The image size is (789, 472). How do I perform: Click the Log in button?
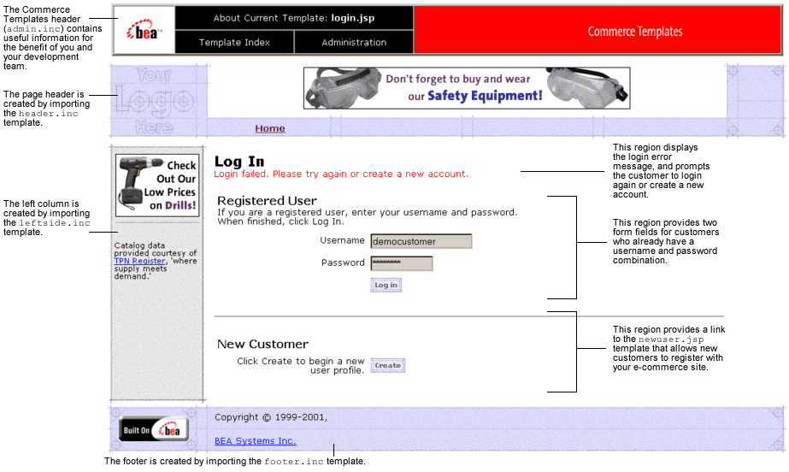386,285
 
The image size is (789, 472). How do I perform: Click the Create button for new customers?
387,365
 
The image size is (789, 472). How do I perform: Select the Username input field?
421,242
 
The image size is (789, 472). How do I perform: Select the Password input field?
402,263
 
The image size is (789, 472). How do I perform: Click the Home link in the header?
270,129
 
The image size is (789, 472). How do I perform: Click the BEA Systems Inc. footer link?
256,441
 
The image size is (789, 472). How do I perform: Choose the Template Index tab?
234,42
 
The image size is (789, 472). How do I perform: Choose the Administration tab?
354,42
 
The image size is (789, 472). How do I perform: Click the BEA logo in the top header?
144,32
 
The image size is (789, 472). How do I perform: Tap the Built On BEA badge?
154,430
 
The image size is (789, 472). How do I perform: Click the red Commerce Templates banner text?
635,32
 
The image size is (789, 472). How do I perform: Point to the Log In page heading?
239,162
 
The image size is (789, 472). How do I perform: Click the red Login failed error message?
341,174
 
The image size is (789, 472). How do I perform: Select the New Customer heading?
262,345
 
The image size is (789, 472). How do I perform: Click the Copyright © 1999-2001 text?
270,417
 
